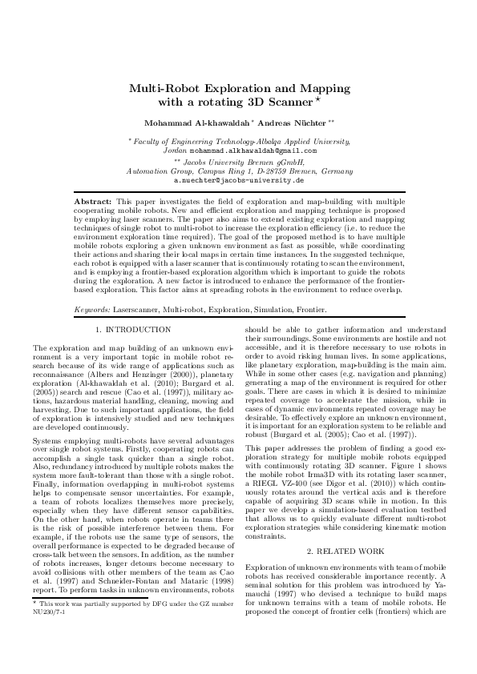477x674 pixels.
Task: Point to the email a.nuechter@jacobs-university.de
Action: [239, 180]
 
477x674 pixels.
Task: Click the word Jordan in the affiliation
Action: [174, 150]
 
